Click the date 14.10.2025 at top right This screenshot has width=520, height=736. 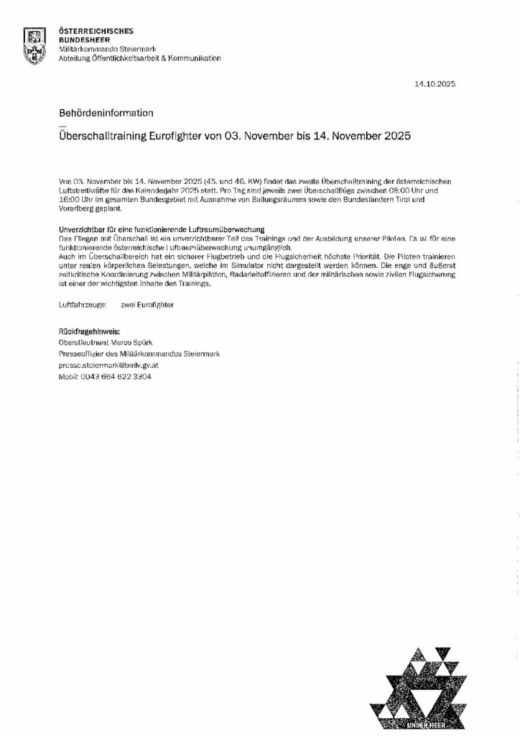pos(435,85)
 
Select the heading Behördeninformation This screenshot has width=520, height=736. pos(105,113)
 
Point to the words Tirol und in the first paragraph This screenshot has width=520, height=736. pos(442,198)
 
